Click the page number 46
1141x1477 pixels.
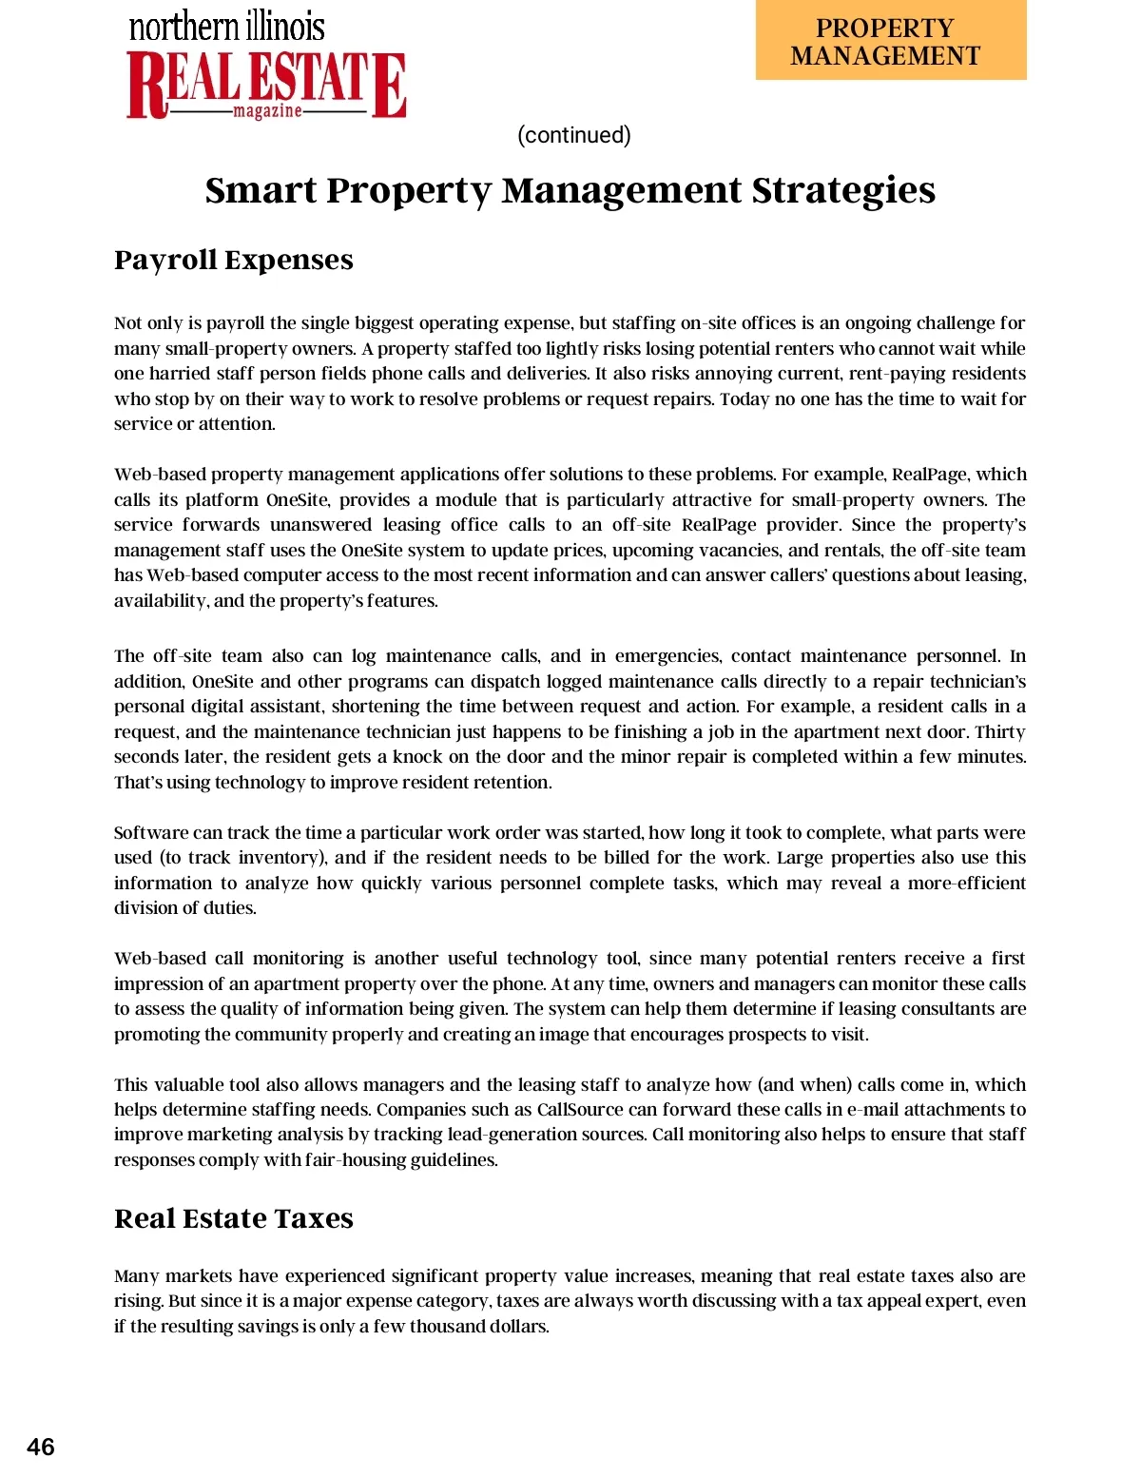[41, 1447]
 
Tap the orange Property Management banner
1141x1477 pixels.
[890, 41]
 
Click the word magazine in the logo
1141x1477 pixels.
[268, 112]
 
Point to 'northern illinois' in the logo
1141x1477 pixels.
[227, 26]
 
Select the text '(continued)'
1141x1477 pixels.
[573, 135]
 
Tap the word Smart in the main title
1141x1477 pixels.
[261, 190]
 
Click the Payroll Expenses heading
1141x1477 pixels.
[233, 260]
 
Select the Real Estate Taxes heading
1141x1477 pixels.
[233, 1218]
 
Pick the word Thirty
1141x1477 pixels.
[1000, 732]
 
